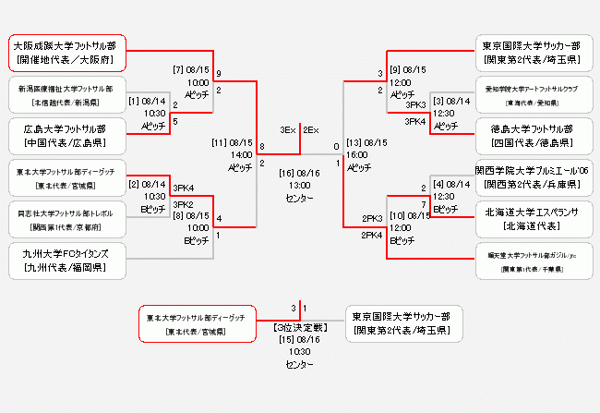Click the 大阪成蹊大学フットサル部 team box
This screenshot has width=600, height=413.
click(x=67, y=53)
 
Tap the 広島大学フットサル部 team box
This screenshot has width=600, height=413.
click(x=67, y=134)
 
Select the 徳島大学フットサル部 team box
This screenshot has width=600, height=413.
click(x=532, y=134)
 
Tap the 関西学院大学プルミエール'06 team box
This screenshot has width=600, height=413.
click(x=532, y=175)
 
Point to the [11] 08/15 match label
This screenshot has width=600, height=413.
click(x=232, y=144)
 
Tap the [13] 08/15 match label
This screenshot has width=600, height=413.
click(x=366, y=144)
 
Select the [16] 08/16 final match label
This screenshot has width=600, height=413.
click(x=298, y=172)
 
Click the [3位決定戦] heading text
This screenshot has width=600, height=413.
click(x=298, y=327)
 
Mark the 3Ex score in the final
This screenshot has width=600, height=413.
click(x=287, y=130)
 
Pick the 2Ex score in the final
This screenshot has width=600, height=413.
click(x=311, y=130)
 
